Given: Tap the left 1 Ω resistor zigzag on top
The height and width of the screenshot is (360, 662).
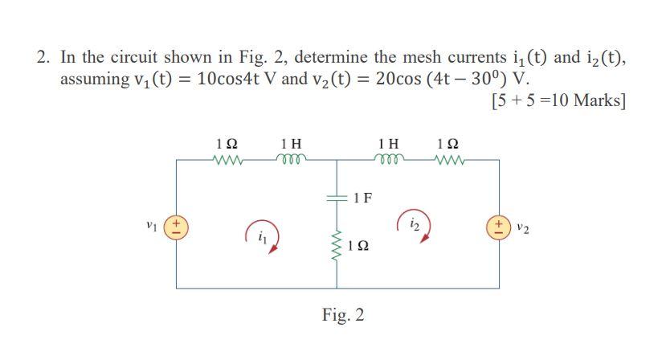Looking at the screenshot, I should click(x=227, y=159).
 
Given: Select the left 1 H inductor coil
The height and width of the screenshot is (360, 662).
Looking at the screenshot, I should click(x=287, y=159).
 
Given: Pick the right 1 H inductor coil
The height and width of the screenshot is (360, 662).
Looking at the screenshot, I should click(x=389, y=159).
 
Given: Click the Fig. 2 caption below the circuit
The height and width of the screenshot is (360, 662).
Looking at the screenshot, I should click(x=343, y=314).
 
